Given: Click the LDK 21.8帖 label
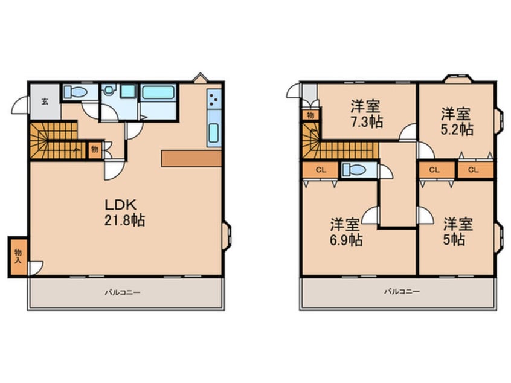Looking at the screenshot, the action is point(124,213).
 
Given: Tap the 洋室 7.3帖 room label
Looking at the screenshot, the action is point(366,114).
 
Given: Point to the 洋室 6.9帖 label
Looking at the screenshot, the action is point(345,232).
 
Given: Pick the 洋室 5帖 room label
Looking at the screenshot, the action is point(458,232).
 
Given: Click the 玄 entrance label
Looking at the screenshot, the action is point(45,101).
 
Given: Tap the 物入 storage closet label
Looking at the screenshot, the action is point(18,256).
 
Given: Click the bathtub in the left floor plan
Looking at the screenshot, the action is point(158,92).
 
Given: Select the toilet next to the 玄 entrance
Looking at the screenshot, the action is point(76,92).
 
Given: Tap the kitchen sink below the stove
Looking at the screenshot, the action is point(213,133).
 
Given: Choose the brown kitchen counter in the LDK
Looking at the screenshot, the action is point(191,158).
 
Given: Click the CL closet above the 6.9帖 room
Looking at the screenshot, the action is point(321,170).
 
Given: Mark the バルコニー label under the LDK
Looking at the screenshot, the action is point(122,292).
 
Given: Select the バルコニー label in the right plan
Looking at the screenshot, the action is point(402,291).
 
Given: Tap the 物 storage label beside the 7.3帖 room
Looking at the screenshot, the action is point(310,115).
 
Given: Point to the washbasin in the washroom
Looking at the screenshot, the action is point(109,89).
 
